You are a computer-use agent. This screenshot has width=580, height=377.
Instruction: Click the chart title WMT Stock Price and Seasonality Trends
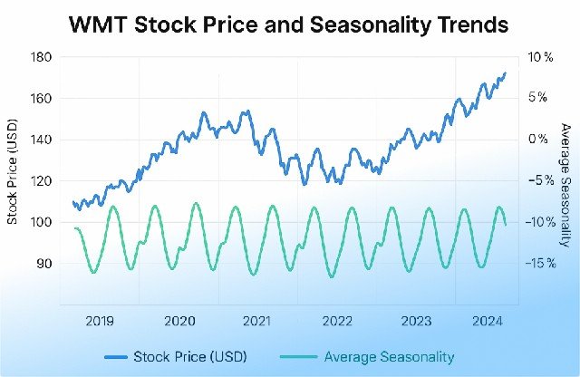click(289, 24)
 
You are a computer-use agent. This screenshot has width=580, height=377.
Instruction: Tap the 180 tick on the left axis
click(43, 57)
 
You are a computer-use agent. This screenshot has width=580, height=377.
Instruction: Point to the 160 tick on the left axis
click(43, 98)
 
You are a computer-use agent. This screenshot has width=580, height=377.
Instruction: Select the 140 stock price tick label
click(43, 140)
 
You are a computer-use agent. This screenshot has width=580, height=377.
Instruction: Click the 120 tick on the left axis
click(43, 180)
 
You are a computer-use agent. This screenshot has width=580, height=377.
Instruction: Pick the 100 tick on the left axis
click(43, 222)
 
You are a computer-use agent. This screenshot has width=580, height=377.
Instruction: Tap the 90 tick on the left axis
click(44, 263)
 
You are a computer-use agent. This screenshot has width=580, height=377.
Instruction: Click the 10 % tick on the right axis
click(539, 57)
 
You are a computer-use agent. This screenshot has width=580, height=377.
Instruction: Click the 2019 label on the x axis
click(100, 320)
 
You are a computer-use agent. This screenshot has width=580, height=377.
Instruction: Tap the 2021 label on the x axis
click(257, 320)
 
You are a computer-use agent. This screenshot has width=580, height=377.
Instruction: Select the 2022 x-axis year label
click(337, 320)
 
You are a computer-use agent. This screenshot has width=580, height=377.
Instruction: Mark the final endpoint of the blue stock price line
click(505, 73)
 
